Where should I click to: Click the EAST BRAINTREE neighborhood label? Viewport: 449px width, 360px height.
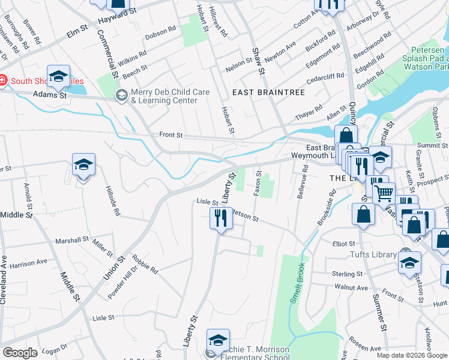(269, 92)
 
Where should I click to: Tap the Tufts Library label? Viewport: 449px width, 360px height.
(373, 254)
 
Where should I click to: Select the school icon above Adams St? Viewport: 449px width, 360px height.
(58, 76)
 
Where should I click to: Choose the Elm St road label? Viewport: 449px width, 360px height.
(77, 32)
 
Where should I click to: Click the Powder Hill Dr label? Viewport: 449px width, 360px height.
(123, 284)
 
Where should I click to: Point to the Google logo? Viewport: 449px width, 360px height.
(20, 352)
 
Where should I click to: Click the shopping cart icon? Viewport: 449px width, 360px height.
(384, 193)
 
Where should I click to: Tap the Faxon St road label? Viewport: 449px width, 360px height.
(257, 183)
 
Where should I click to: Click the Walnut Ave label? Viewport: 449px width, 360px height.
(351, 288)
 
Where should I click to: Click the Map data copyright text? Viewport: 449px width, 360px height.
(412, 355)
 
